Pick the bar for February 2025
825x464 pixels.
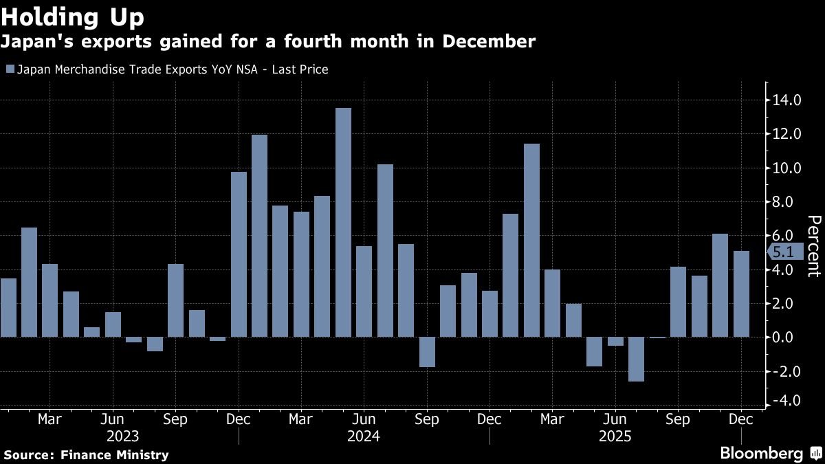[531, 240]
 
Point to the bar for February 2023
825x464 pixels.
[29, 282]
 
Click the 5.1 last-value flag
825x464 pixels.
[782, 252]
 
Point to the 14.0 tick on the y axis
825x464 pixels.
[786, 100]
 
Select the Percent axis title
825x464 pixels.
[813, 245]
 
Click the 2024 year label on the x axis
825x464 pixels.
[364, 436]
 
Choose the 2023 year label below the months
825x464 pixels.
[123, 436]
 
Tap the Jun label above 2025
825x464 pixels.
[615, 419]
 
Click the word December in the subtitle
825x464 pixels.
[489, 42]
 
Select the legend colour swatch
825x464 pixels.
[9, 69]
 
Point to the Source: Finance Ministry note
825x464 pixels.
[86, 454]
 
